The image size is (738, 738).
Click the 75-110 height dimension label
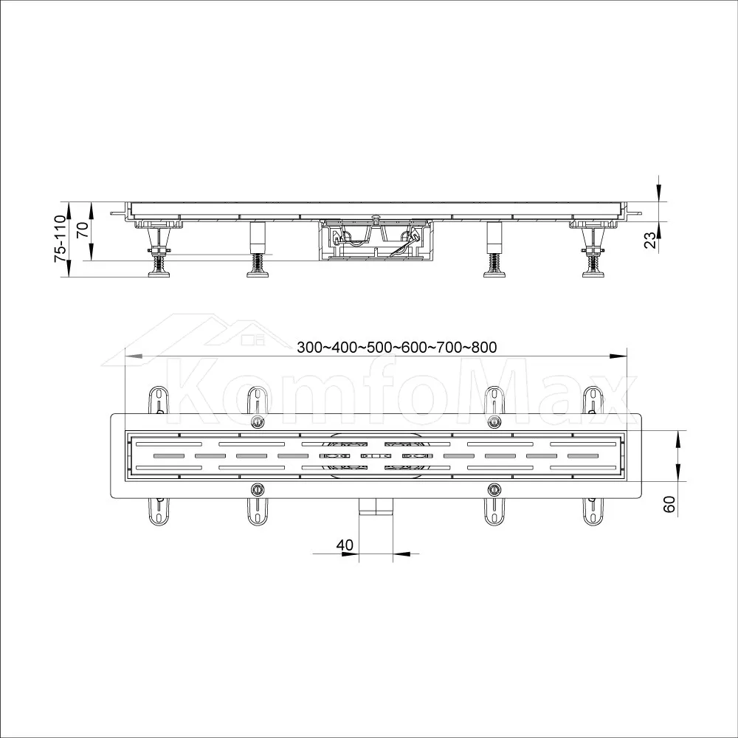coord(60,238)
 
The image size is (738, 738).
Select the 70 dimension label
coord(83,230)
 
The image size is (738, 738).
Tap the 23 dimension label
coord(649,240)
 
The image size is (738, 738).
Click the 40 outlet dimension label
coord(345,545)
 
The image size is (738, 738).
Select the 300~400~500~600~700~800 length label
coord(397,347)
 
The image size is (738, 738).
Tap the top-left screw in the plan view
coord(257,421)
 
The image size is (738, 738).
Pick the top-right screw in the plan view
coord(494,421)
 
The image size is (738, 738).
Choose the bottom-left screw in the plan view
coord(257,489)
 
